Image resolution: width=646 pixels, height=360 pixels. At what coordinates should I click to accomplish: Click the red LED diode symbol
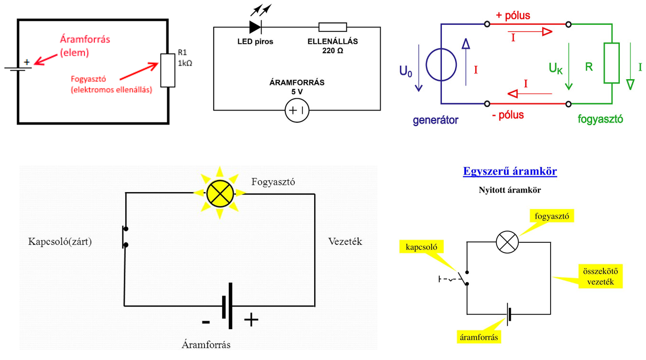(x=255, y=27)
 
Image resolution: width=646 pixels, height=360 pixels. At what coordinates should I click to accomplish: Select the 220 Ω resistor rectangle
(x=332, y=27)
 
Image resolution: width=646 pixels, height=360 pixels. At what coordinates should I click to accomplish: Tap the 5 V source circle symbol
(x=297, y=111)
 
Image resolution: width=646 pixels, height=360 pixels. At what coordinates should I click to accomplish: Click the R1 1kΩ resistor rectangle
(x=168, y=70)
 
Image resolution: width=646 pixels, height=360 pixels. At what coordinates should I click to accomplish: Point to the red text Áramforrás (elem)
(x=85, y=46)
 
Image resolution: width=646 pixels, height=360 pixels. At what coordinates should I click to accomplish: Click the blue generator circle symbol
(x=441, y=65)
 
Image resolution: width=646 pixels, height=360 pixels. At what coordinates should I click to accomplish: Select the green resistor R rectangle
(x=611, y=63)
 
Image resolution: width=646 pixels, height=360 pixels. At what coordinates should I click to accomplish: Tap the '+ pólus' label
(x=513, y=15)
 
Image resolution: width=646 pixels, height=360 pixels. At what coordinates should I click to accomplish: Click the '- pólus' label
(x=507, y=115)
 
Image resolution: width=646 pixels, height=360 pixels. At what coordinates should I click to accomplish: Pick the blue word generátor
(x=435, y=120)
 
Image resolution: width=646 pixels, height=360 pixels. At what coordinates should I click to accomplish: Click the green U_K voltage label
(x=555, y=68)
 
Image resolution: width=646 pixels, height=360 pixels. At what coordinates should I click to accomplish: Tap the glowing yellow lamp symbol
(x=220, y=194)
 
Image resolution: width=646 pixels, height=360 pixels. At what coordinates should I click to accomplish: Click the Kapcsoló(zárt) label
(x=60, y=241)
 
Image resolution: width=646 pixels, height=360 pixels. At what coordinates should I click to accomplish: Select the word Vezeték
(x=345, y=241)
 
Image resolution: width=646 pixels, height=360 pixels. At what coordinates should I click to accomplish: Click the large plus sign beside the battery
(x=251, y=320)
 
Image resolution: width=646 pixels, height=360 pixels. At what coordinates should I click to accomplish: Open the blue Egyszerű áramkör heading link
(x=510, y=171)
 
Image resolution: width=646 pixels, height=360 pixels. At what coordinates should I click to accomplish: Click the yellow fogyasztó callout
(x=552, y=216)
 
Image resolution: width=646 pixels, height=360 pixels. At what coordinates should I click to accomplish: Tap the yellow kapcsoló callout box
(x=421, y=247)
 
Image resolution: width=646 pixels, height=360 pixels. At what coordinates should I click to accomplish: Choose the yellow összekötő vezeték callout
(x=600, y=277)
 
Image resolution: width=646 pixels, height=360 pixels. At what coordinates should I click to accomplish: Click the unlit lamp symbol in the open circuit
(x=507, y=242)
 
